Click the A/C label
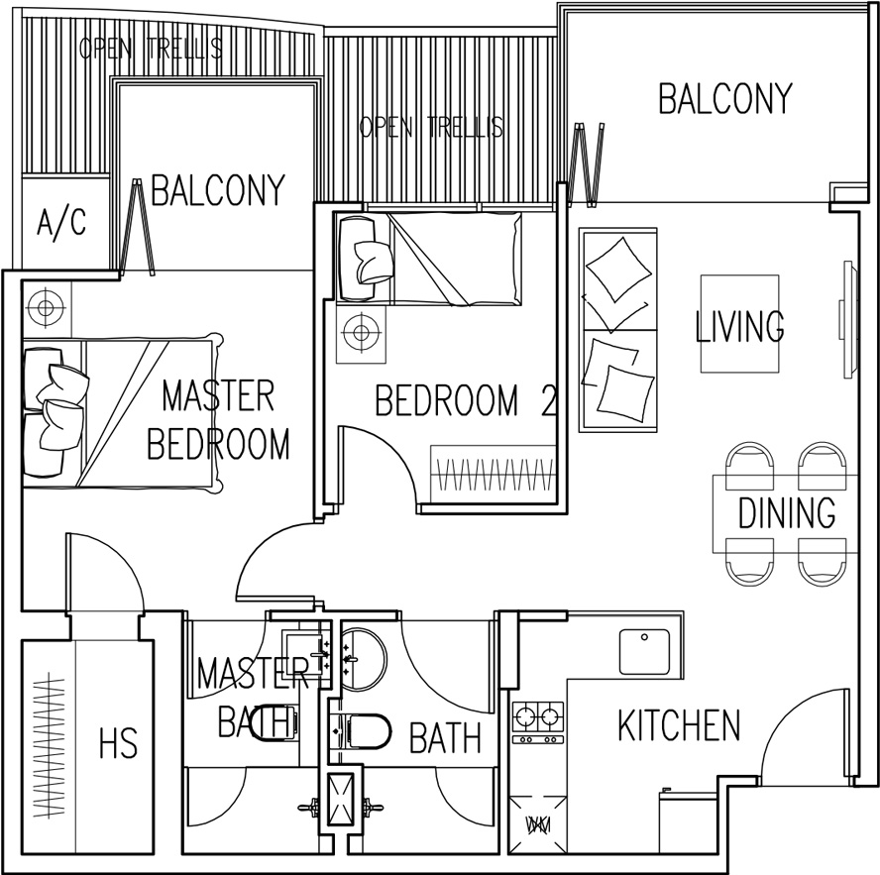(x=61, y=223)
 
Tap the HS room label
(x=117, y=743)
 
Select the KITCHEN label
(x=679, y=725)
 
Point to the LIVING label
(x=740, y=326)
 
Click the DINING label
(x=787, y=513)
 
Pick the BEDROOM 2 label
(x=466, y=400)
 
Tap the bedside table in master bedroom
(x=46, y=307)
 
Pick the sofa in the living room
(x=618, y=330)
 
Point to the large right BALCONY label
(x=725, y=98)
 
